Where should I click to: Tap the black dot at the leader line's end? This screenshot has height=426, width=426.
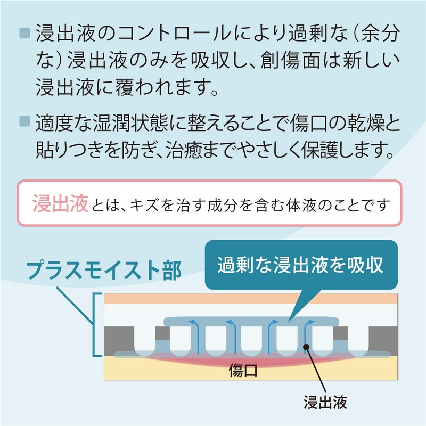point(307,347)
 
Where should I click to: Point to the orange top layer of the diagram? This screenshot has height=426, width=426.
point(250,299)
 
